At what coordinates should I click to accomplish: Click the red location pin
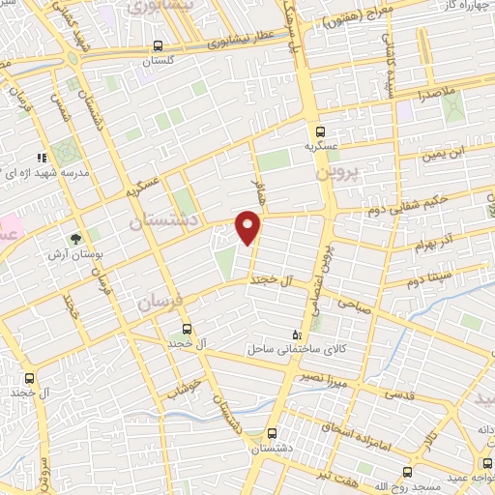(x=248, y=229)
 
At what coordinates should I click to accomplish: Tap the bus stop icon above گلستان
(x=158, y=45)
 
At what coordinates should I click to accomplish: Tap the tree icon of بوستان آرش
(x=73, y=236)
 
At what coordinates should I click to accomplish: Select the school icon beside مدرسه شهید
(x=42, y=157)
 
